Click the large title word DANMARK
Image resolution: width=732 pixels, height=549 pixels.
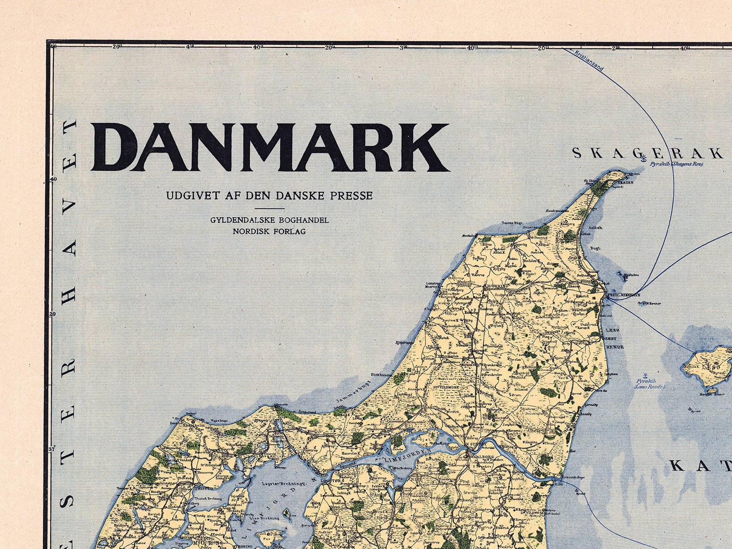pos(269,147)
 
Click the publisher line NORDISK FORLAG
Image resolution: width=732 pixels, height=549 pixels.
pos(269,231)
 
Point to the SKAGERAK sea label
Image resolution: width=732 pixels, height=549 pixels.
pos(648,153)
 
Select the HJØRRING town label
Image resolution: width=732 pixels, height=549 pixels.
pos(495,286)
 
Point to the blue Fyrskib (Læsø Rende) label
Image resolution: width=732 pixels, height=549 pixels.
pos(649,384)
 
